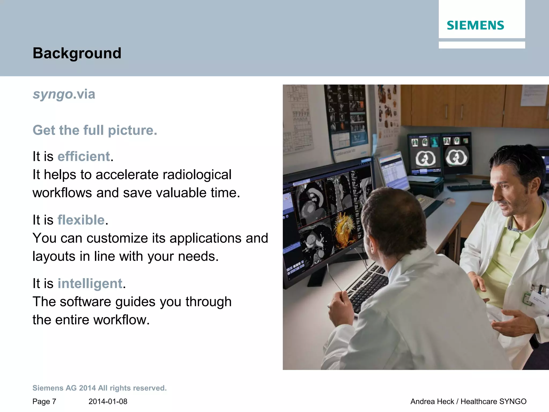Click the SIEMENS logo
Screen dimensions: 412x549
[x=475, y=25]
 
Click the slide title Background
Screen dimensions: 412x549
[x=77, y=53]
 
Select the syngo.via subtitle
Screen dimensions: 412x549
[x=64, y=94]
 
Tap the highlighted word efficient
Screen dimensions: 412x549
[x=84, y=156]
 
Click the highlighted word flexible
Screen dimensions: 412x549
[x=81, y=220]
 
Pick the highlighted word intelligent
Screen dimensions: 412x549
[x=90, y=284]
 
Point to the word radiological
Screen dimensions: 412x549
[x=197, y=175]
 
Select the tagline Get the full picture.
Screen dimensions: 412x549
[x=95, y=130]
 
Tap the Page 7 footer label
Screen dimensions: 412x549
[x=44, y=402]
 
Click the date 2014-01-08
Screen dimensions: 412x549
[x=108, y=402]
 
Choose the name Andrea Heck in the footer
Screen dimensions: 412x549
[x=432, y=402]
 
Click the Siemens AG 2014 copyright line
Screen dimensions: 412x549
[x=99, y=388]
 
